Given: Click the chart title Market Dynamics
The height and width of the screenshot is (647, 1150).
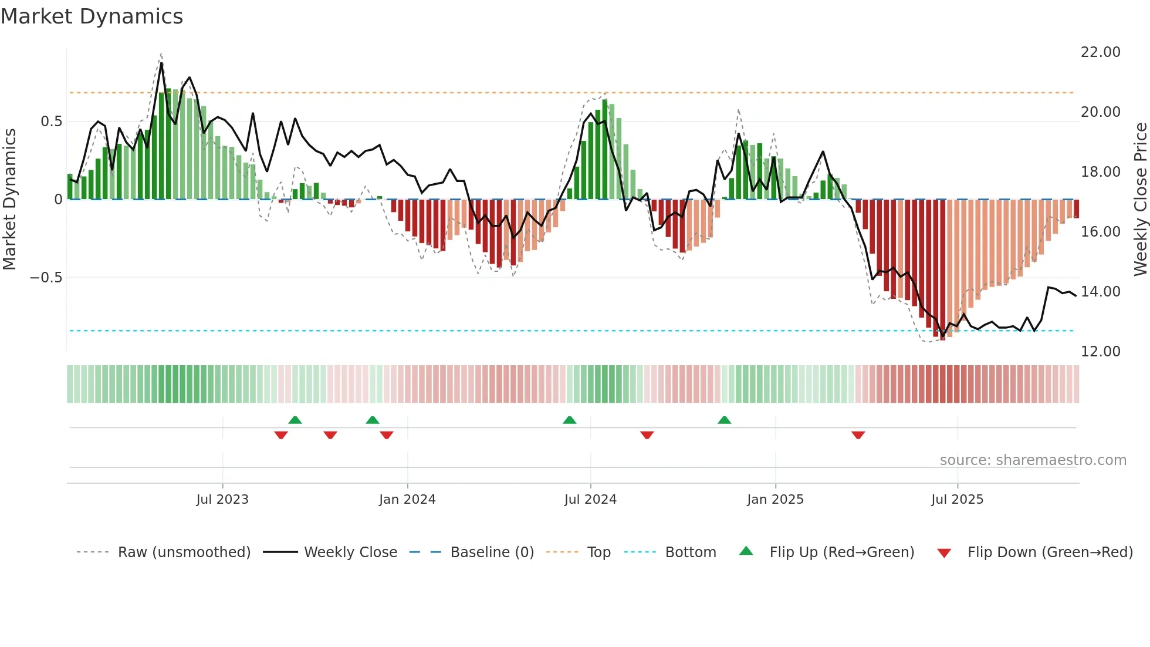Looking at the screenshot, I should (x=92, y=16).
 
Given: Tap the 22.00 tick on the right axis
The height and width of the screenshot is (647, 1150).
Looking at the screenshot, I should (x=1100, y=52).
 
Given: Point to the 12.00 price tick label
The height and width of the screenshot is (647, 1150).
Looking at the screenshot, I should (x=1100, y=352).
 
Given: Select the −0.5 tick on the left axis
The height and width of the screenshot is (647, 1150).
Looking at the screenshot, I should (x=46, y=278).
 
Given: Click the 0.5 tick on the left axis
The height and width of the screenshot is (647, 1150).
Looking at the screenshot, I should (x=51, y=122).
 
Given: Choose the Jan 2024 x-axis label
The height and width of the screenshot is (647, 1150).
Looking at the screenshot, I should (x=407, y=500).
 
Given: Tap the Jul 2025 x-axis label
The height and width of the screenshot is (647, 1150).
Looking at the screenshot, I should (x=957, y=500).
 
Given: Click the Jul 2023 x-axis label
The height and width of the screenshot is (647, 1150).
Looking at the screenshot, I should (x=222, y=500).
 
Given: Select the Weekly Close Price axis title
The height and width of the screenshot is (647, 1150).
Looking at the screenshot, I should (x=1140, y=199).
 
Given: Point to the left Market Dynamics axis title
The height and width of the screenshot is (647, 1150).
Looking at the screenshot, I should (x=9, y=199).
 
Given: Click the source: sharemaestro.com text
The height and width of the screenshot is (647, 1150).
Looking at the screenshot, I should (x=1033, y=460).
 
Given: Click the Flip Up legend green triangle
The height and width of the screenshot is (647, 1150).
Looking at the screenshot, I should (x=746, y=551).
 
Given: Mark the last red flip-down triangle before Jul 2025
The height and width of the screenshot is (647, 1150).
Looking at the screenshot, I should (x=858, y=435).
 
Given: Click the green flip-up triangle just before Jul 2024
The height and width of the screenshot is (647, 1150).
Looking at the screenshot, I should (x=569, y=420).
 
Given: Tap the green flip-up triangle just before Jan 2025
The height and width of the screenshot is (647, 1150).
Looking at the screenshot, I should (x=724, y=420).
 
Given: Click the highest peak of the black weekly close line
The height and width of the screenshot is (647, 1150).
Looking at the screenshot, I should (x=161, y=63).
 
